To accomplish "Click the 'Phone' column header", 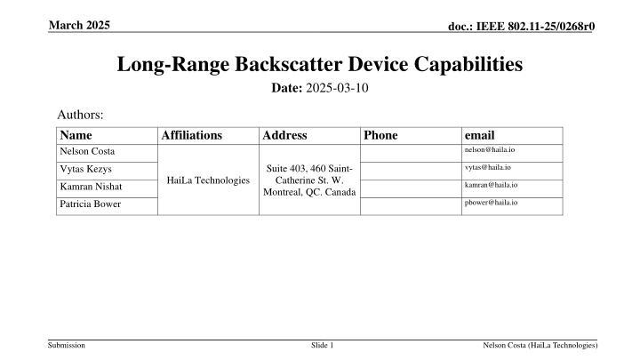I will [380, 136].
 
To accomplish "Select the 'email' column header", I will [480, 136].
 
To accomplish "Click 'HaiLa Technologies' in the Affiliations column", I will [208, 180].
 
